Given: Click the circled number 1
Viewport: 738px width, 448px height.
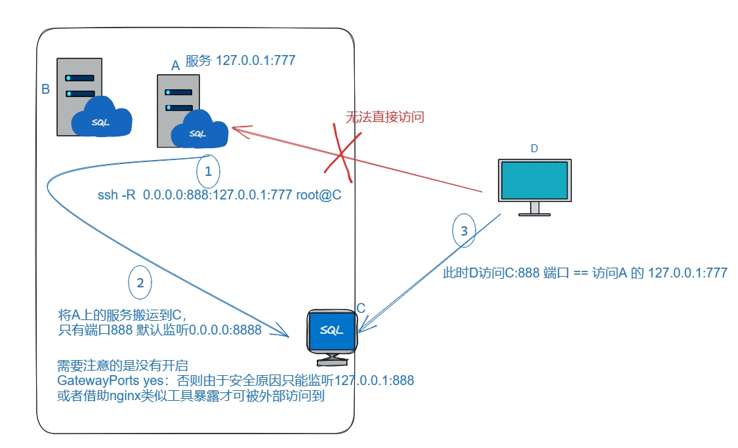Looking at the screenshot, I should pyautogui.click(x=208, y=172).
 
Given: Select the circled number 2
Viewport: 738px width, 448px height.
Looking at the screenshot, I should pyautogui.click(x=139, y=283).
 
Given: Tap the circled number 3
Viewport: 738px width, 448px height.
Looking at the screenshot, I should pyautogui.click(x=464, y=231).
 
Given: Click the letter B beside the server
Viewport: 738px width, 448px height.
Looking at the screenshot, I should pyautogui.click(x=45, y=89).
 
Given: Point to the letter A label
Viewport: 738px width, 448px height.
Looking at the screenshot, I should pyautogui.click(x=175, y=66).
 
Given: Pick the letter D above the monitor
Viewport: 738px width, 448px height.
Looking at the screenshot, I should pyautogui.click(x=534, y=149).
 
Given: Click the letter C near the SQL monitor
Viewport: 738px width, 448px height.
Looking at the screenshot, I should pyautogui.click(x=361, y=308).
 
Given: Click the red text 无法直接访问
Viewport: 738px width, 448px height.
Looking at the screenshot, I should pyautogui.click(x=385, y=117).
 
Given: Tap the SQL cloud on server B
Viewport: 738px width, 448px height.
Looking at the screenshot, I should pyautogui.click(x=101, y=119).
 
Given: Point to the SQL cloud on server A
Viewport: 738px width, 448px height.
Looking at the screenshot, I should pyautogui.click(x=198, y=132).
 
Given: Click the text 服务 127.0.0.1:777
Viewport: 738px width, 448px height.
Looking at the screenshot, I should pyautogui.click(x=241, y=61).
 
